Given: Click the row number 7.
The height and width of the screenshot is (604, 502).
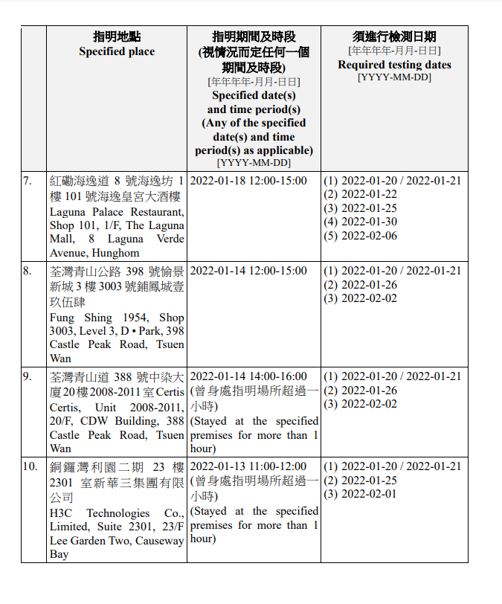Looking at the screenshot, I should [x=28, y=181].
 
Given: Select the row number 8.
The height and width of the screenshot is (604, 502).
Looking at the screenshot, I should [x=28, y=271].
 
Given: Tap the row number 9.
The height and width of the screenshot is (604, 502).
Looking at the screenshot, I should [x=28, y=376].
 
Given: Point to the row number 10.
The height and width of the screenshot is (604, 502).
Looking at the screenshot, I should [x=30, y=466].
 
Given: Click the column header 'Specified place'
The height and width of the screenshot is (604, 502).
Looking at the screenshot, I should [x=117, y=51].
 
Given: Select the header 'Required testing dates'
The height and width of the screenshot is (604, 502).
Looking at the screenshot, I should [x=394, y=65].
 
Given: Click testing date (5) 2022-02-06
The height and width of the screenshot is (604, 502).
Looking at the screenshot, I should [x=361, y=236].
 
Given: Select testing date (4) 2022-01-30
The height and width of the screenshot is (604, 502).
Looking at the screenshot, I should [x=361, y=222].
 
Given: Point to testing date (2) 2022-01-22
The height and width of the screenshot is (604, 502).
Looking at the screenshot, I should [x=361, y=194].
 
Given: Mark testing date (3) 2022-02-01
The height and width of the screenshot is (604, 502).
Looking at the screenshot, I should [x=361, y=494].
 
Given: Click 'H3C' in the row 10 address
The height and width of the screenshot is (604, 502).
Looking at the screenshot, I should [x=62, y=513].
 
